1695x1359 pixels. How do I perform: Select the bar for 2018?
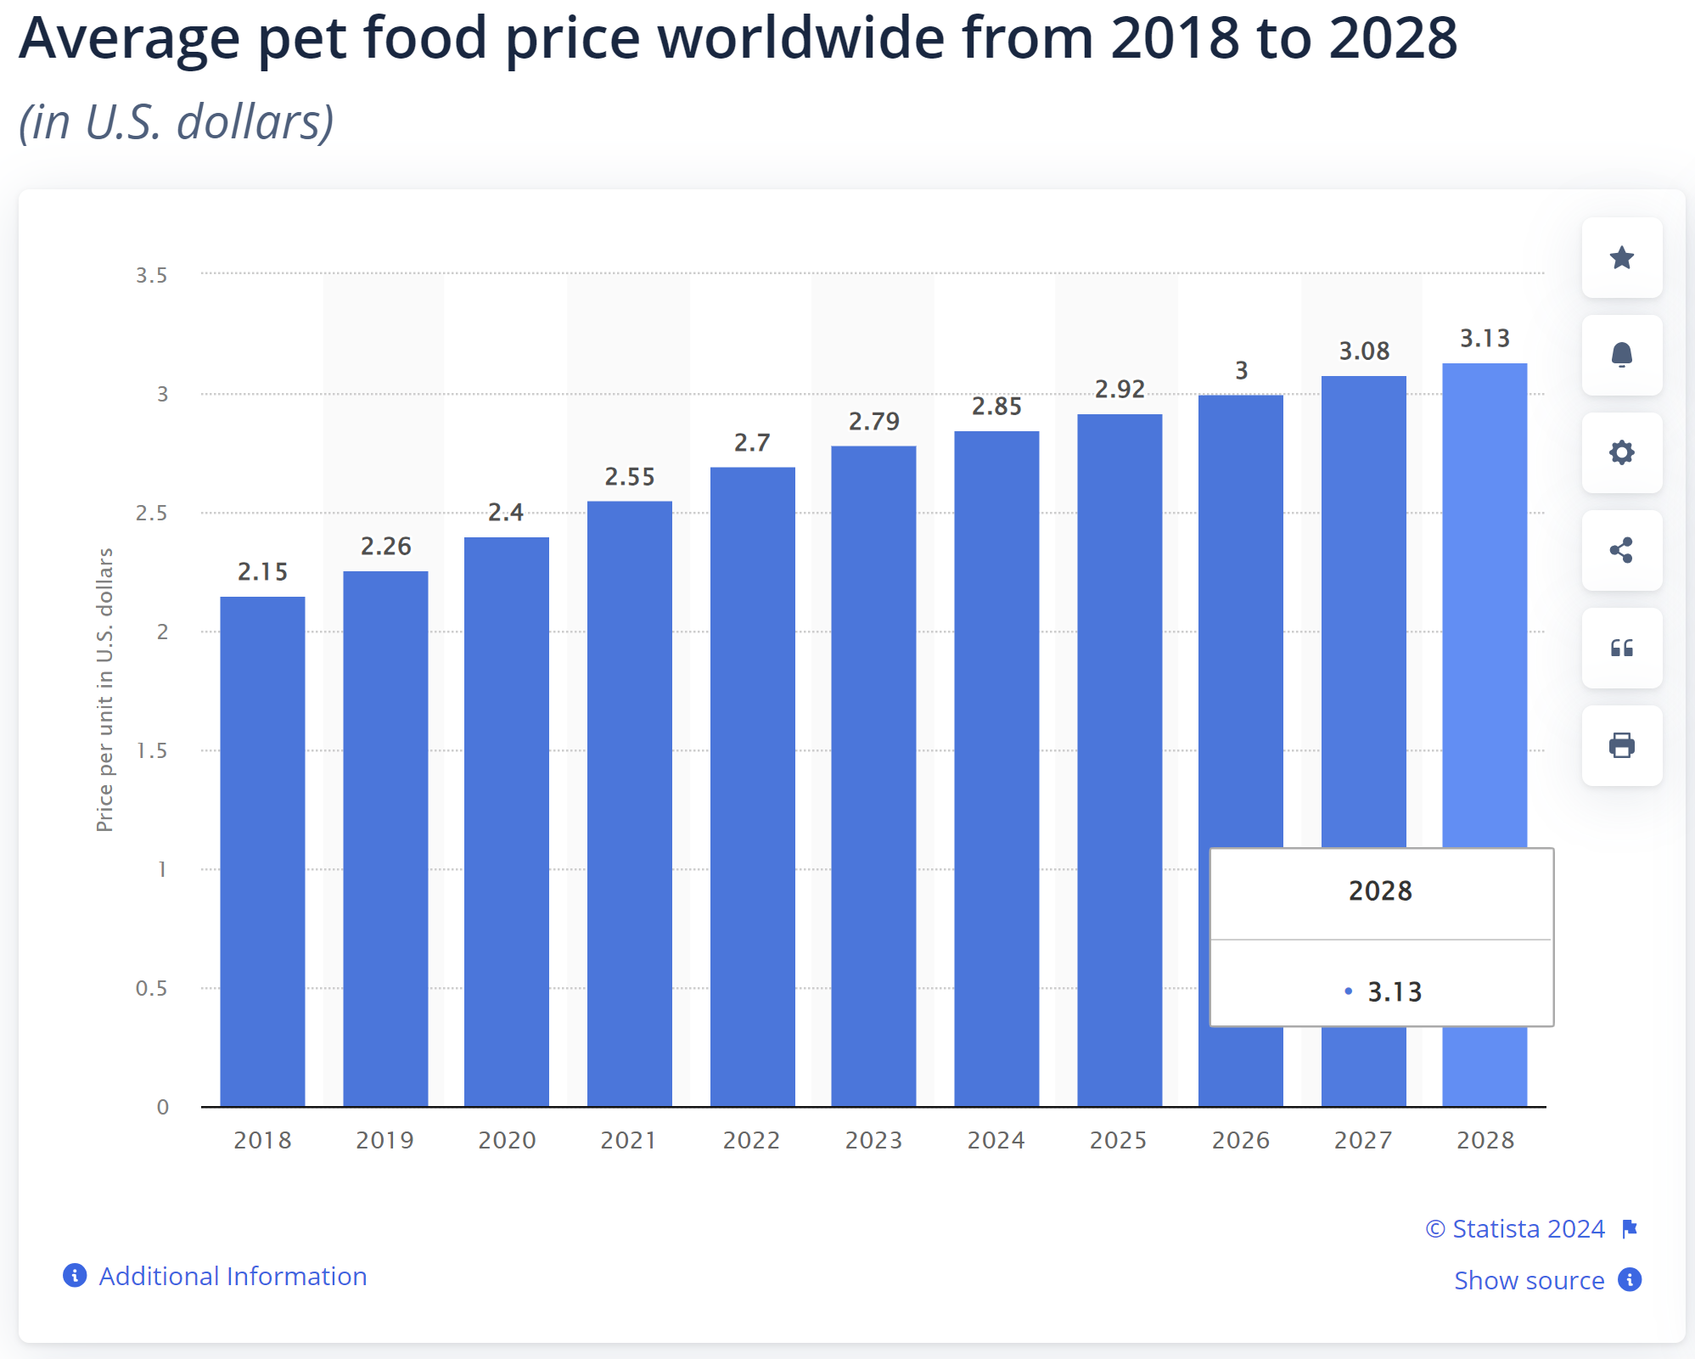tap(262, 849)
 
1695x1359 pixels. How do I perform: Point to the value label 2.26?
tap(385, 547)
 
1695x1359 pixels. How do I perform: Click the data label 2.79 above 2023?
tap(873, 422)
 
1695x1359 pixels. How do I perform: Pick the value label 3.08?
tap(1364, 351)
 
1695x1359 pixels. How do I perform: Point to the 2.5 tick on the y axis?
tap(151, 514)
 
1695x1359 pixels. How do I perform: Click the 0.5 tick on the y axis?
tap(151, 988)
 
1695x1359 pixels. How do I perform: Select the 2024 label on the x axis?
tap(996, 1140)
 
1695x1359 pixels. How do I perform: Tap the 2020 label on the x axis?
tap(507, 1140)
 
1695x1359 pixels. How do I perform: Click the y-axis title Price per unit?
tap(104, 689)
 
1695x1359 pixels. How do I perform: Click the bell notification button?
tap(1621, 355)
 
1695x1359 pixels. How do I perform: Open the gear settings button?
tap(1621, 452)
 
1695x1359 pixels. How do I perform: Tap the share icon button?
tap(1621, 550)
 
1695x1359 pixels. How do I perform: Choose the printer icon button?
tap(1621, 745)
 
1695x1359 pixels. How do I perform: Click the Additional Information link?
tap(232, 1276)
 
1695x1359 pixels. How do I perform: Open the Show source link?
tap(1529, 1280)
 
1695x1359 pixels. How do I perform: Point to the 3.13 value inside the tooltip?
tap(1394, 991)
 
